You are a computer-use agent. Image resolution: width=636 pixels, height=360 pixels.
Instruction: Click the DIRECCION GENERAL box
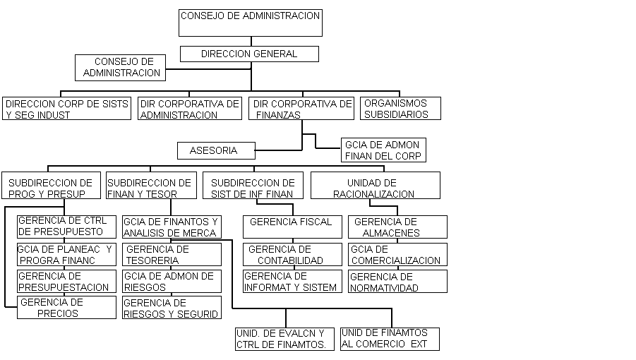click(249, 54)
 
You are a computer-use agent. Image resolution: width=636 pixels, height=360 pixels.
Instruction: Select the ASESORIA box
click(216, 150)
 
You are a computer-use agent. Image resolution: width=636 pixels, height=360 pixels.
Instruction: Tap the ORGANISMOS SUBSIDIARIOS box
click(400, 108)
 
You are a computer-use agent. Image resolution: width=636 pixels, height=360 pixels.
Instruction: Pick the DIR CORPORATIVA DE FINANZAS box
click(301, 109)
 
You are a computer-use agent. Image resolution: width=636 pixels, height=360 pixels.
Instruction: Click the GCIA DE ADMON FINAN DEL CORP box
click(383, 150)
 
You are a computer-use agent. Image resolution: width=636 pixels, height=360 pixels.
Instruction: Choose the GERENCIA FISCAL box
click(292, 227)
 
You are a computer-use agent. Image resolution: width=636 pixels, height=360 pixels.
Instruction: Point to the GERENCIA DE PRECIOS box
click(66, 307)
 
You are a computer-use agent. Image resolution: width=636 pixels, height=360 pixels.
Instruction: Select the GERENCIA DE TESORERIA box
click(172, 255)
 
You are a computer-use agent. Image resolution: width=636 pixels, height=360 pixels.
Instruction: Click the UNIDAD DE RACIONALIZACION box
click(376, 185)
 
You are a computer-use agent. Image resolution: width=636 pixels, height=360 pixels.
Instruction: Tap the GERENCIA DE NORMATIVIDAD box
click(397, 282)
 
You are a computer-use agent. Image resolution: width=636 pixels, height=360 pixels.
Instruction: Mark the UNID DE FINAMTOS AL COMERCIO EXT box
click(390, 339)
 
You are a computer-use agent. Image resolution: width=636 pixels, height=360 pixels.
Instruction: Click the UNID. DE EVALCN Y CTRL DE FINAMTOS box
click(284, 339)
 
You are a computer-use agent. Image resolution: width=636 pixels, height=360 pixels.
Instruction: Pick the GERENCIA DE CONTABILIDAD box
click(292, 255)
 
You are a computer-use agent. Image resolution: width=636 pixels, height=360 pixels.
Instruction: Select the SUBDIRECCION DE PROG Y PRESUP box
click(51, 185)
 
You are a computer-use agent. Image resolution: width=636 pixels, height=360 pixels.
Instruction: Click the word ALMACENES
click(391, 233)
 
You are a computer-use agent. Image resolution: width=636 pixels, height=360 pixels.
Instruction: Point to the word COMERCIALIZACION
click(396, 260)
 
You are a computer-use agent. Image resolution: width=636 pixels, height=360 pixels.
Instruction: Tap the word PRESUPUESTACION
click(64, 287)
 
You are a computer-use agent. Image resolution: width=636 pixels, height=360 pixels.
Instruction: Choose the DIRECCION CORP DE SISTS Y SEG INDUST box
click(66, 108)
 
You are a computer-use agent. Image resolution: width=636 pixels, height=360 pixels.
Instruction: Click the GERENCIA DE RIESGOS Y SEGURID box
click(172, 307)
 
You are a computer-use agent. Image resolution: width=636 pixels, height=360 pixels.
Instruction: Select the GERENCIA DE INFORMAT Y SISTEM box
click(292, 282)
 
